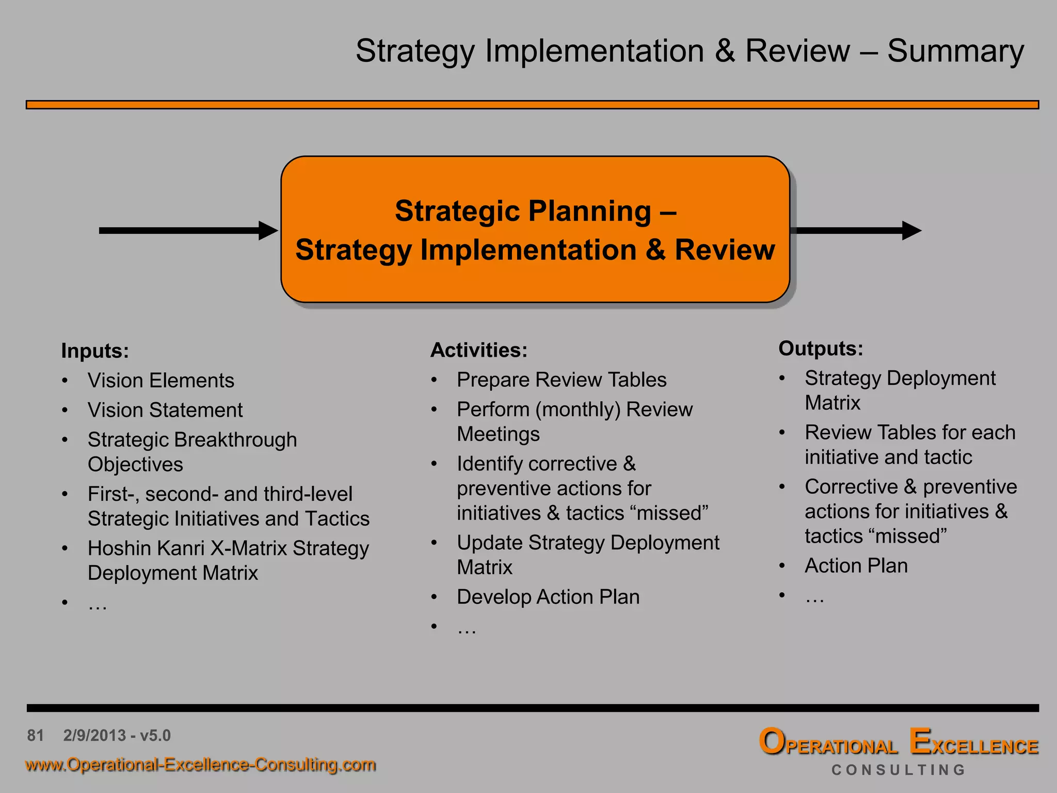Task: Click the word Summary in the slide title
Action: pyautogui.click(x=955, y=52)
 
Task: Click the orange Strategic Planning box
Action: pyautogui.click(x=535, y=229)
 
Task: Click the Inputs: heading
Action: pyautogui.click(x=95, y=351)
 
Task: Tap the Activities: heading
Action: pyautogui.click(x=479, y=350)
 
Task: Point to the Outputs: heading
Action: pyautogui.click(x=821, y=348)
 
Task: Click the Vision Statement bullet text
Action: pyautogui.click(x=165, y=410)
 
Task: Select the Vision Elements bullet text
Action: pyautogui.click(x=161, y=380)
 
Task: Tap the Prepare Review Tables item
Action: pyautogui.click(x=562, y=380)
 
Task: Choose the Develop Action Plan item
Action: pyautogui.click(x=548, y=597)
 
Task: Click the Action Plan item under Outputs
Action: pyautogui.click(x=856, y=566)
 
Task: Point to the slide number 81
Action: pyautogui.click(x=36, y=735)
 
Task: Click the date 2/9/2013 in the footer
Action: pyautogui.click(x=94, y=735)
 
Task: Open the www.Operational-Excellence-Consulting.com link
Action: pyautogui.click(x=200, y=765)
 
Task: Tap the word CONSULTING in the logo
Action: pyautogui.click(x=899, y=770)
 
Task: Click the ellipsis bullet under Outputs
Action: pyautogui.click(x=815, y=598)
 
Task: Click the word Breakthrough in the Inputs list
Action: pyautogui.click(x=235, y=440)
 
